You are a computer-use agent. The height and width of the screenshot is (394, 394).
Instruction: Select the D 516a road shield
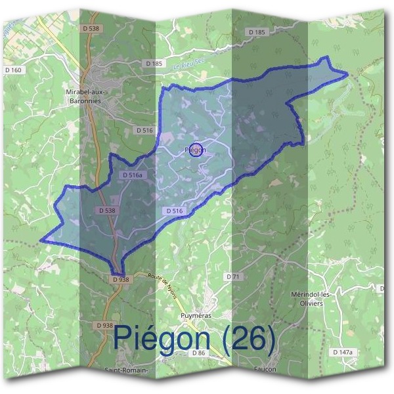tap(132, 175)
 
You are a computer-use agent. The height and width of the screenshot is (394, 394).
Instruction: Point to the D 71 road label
tap(234, 276)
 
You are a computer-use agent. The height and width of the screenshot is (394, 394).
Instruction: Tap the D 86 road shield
tap(200, 353)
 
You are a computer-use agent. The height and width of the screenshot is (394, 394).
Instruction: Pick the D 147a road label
tap(343, 353)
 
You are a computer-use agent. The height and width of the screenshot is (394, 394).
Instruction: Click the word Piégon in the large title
tap(163, 338)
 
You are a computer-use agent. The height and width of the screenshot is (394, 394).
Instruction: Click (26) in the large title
tap(248, 338)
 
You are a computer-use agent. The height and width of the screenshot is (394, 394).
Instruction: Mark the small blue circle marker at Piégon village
tap(196, 149)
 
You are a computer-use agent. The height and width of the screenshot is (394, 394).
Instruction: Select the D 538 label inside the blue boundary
tap(107, 211)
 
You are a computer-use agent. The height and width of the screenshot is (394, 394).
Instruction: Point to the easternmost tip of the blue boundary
tap(347, 74)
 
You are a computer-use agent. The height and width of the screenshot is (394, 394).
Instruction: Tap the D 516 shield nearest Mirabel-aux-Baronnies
tap(144, 131)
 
